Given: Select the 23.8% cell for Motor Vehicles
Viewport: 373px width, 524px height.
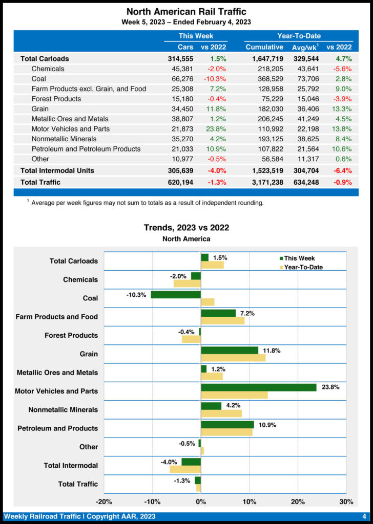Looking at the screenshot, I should tap(215, 129).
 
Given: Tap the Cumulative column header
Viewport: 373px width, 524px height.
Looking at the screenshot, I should tap(264, 47).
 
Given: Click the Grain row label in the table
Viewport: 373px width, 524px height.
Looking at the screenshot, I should tap(40, 109).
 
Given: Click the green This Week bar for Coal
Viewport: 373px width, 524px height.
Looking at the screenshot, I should tap(176, 295).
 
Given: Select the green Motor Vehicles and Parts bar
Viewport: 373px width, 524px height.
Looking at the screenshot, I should tap(258, 387).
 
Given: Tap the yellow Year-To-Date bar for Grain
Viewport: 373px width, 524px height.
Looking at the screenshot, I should tap(233, 358).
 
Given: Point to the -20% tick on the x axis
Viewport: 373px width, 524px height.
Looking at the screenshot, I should tap(104, 501).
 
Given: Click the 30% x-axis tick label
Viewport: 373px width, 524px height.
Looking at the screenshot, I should tap(346, 501).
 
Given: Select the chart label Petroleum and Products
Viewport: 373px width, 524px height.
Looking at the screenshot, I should tap(57, 428).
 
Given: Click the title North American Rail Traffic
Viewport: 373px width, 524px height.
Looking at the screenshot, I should tap(186, 12).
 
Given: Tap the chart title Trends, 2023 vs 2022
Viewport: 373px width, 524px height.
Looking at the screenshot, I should tap(186, 228).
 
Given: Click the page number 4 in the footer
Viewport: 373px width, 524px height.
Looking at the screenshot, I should tap(364, 516).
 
